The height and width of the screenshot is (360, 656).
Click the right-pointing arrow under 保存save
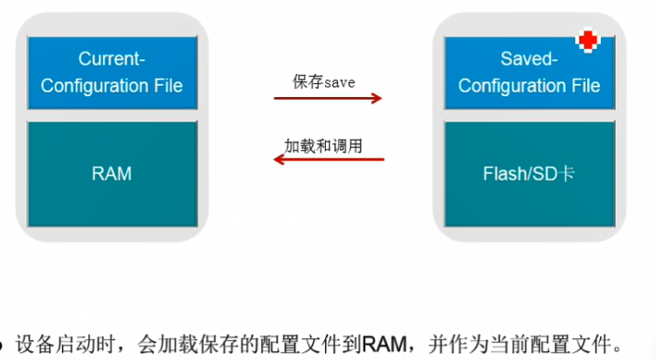328,98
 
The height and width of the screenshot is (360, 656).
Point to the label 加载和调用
323,144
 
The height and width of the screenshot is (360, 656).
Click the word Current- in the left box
111,59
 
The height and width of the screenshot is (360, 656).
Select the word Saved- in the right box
528,59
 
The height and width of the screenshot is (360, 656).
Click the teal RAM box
112,174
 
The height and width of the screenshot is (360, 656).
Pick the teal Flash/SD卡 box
528,174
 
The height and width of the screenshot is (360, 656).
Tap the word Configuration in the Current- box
93,86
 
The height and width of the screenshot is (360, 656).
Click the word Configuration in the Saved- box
511,86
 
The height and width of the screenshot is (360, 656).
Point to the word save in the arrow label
339,82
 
